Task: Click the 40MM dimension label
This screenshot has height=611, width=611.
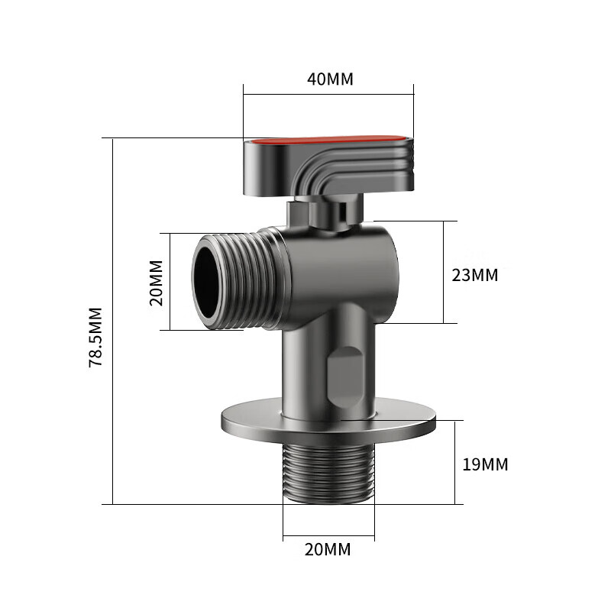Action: [330, 79]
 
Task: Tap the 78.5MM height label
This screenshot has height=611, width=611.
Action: [96, 338]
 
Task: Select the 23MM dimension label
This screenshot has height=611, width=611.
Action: [474, 275]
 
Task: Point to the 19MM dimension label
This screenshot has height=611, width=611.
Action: [485, 464]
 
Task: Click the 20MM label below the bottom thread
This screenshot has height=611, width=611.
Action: [328, 549]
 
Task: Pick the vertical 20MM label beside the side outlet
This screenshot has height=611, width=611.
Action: [157, 283]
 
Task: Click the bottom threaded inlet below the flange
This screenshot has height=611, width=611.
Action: [328, 474]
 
